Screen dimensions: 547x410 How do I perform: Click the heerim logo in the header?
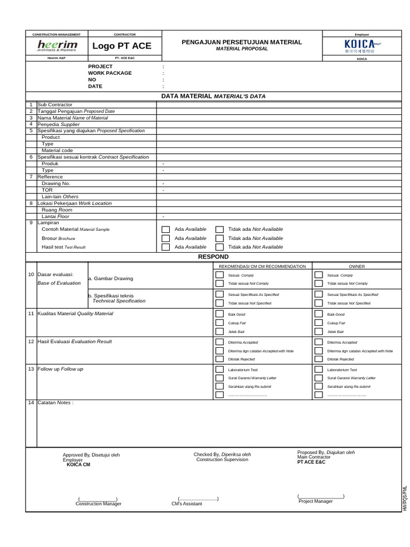point(57,46)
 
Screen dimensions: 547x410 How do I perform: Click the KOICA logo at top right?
point(358,46)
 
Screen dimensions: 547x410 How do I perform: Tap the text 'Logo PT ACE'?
point(122,46)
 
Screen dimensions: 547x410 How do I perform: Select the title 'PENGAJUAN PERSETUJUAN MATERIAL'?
point(242,42)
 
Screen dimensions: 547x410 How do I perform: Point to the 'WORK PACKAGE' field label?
point(109,73)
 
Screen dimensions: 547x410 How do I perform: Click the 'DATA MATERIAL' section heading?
point(213,96)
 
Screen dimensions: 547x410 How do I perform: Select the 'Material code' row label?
point(57,151)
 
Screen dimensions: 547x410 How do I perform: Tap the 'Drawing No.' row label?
point(56,183)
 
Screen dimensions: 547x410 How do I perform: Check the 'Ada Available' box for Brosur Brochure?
point(166,238)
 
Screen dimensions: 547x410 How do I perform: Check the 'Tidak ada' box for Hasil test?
point(219,247)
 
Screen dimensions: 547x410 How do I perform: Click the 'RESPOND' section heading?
point(213,257)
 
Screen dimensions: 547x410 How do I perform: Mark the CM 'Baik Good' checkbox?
point(219,315)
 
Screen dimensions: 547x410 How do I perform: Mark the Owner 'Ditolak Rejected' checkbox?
point(319,360)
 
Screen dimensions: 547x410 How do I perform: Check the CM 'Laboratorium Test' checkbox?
point(219,370)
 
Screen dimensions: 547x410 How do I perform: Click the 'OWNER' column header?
point(357,266)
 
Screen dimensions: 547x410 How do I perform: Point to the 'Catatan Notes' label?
point(55,402)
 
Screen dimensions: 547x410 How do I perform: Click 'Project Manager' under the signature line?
point(316,501)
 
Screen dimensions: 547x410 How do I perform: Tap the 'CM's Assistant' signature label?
point(187,504)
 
